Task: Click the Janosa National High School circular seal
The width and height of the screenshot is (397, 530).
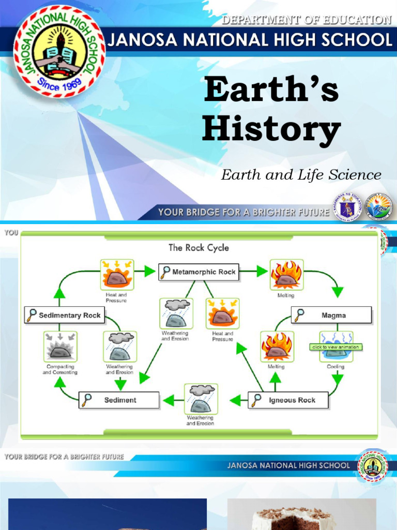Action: click(x=59, y=51)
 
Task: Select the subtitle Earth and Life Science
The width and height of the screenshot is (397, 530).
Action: click(x=301, y=175)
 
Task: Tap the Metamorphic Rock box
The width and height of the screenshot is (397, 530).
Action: click(x=198, y=272)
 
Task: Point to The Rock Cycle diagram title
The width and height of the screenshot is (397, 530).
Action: click(x=198, y=247)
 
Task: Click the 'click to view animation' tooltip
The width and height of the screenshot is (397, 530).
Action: click(x=335, y=347)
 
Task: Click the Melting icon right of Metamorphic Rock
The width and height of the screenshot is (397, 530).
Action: click(x=286, y=275)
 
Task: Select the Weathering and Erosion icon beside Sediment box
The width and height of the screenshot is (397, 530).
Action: click(x=201, y=399)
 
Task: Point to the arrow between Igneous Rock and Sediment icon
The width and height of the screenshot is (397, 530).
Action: click(x=236, y=400)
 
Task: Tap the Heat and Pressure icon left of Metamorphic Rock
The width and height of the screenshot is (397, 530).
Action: click(x=117, y=275)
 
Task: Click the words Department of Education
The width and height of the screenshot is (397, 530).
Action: click(x=306, y=20)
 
